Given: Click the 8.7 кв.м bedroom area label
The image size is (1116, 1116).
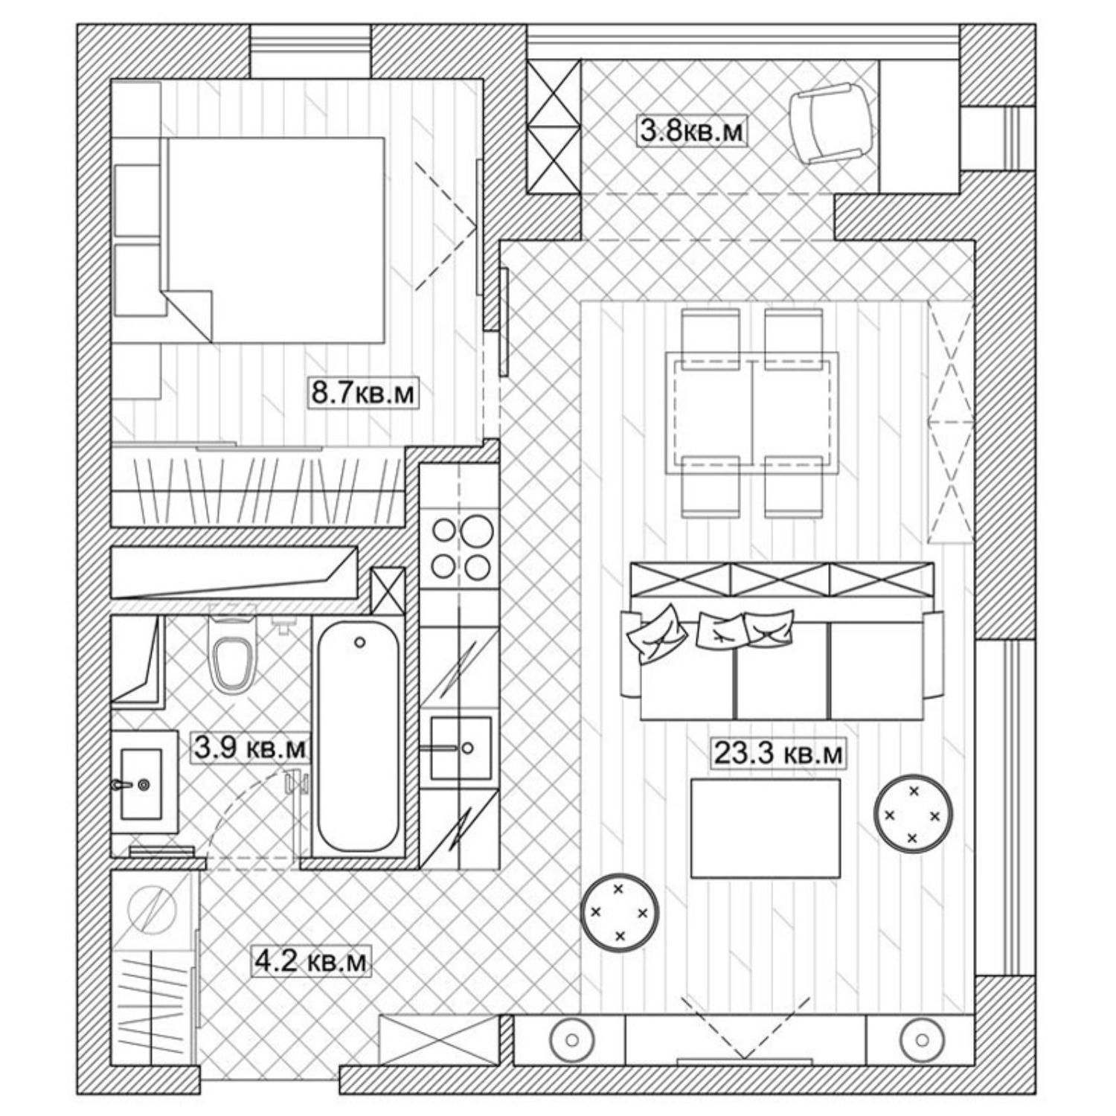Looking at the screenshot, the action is pos(362,392).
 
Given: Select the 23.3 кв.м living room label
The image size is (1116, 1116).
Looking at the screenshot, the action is pos(779,754).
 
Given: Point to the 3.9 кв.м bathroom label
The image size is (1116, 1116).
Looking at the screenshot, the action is pos(250,748).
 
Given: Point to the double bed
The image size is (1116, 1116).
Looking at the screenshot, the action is pos(275,240).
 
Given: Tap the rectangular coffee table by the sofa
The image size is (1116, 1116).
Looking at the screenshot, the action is pos(765,827).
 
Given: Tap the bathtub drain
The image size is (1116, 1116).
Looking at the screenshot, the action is pos(360,641).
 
